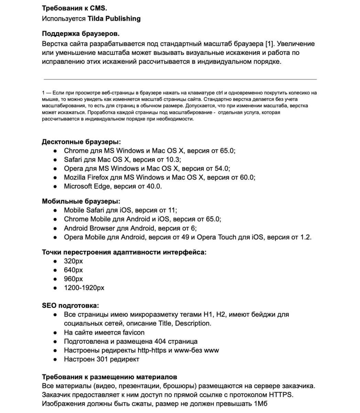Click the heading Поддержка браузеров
[81, 34]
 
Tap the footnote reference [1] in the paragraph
[270, 44]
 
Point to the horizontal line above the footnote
[179, 79]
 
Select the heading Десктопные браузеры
[81, 142]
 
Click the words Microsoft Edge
[83, 187]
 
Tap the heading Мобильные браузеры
[81, 201]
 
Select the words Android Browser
[89, 228]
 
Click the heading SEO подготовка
[70, 306]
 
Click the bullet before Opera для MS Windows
[55, 169]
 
